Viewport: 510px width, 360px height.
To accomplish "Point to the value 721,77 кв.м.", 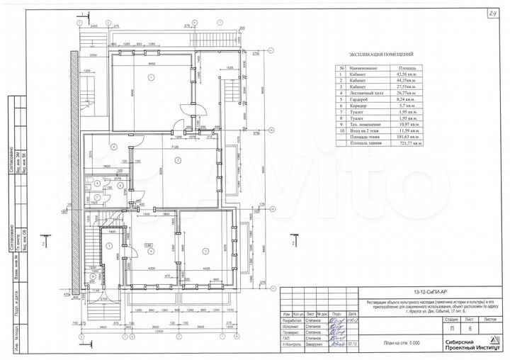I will [x=411, y=142].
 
